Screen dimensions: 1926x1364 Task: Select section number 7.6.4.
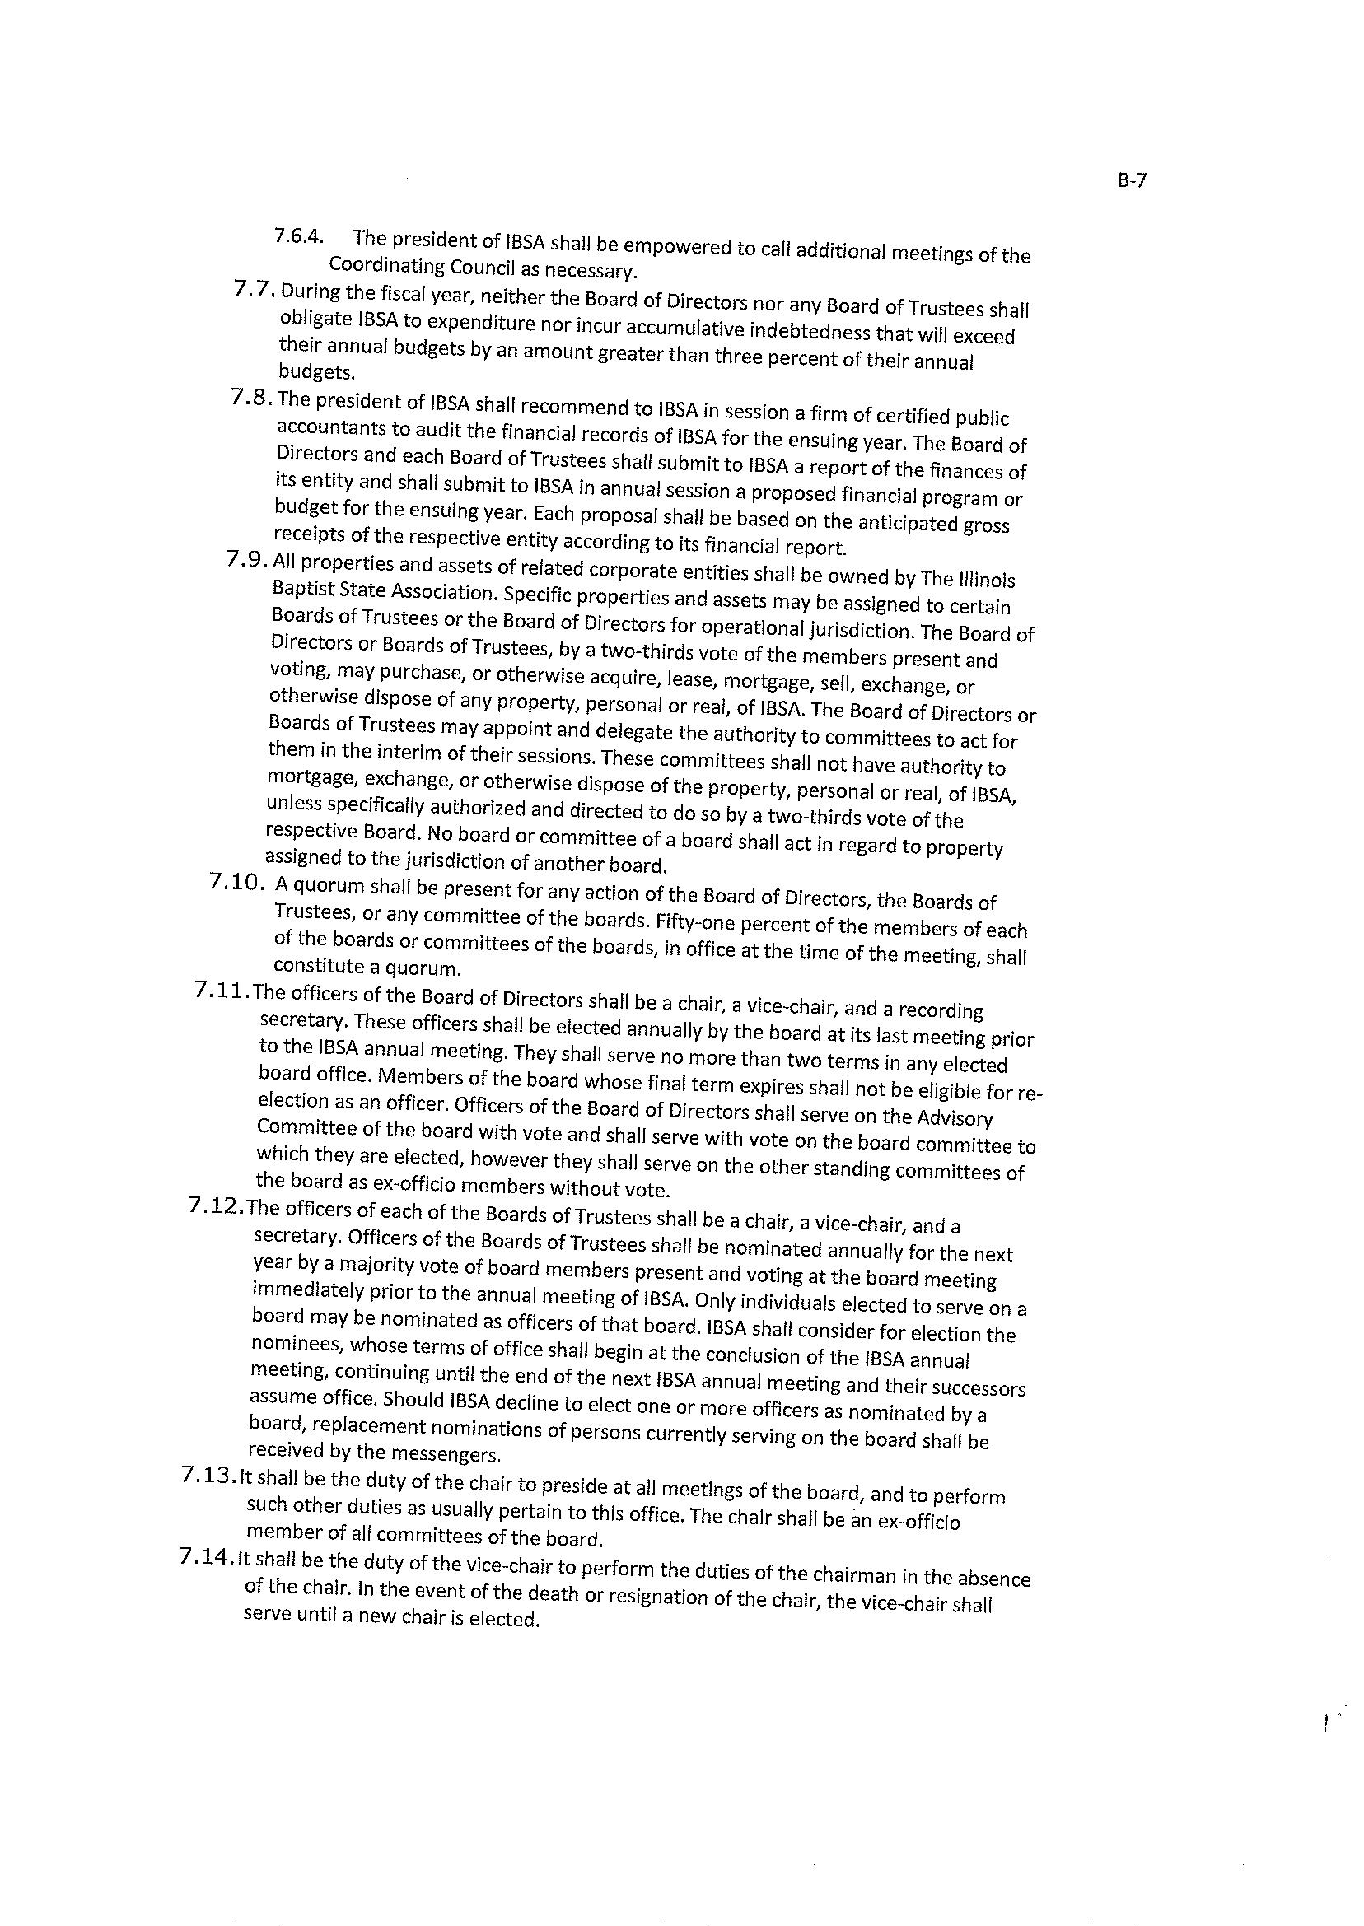tap(299, 236)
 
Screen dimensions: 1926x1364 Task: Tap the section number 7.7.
tap(255, 290)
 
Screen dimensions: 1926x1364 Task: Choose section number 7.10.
tap(238, 882)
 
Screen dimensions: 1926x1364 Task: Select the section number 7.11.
tap(222, 991)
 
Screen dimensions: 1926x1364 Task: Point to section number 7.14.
tap(208, 1557)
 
